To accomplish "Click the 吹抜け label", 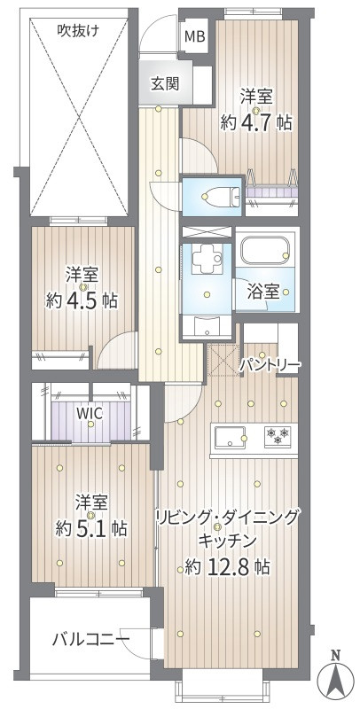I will (x=79, y=30).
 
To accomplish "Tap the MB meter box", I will (x=194, y=37).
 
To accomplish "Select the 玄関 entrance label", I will (x=164, y=84).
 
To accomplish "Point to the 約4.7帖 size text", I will (x=256, y=123).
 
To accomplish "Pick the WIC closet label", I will (x=87, y=413).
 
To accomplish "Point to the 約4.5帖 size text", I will (x=82, y=300).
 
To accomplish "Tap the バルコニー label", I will (x=90, y=638).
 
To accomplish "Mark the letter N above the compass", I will (x=334, y=656).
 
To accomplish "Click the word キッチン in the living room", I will (x=228, y=540).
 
